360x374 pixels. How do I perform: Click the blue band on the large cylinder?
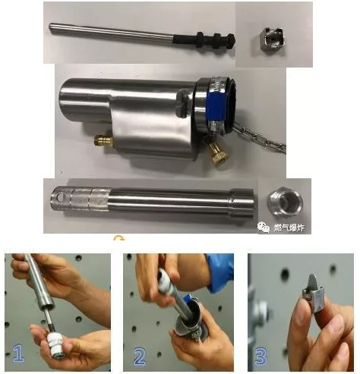click(216, 105)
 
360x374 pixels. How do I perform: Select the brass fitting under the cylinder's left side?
click(104, 140)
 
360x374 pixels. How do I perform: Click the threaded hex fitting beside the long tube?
click(285, 202)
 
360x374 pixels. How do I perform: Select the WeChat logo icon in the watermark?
click(264, 227)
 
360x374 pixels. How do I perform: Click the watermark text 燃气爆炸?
click(289, 228)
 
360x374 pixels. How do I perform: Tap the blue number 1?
click(19, 353)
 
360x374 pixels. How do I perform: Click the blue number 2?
click(140, 356)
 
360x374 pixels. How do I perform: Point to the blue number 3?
click(261, 356)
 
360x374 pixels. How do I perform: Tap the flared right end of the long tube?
click(242, 203)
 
